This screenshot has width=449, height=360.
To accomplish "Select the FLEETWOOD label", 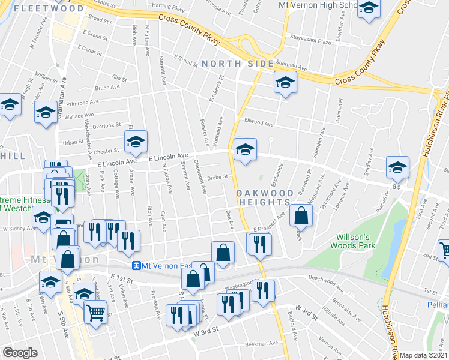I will [x=48, y=9].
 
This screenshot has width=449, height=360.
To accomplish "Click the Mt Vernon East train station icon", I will [x=137, y=266].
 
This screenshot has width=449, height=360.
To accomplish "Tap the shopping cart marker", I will [x=96, y=313].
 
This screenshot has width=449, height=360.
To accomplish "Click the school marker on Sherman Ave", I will [x=285, y=83].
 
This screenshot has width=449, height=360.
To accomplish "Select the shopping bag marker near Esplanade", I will [x=301, y=214].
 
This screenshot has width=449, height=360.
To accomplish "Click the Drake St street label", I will [x=218, y=177].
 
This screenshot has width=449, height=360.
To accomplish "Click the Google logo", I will [x=20, y=353].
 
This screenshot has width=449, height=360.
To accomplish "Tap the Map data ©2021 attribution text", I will [x=424, y=355].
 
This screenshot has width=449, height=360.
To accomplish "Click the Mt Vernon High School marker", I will [x=369, y=9].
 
